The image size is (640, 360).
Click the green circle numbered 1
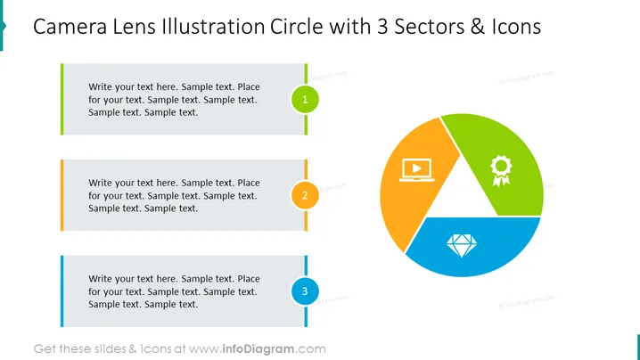click(x=305, y=99)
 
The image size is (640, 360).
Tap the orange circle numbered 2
click(x=305, y=195)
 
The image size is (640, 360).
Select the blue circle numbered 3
click(x=305, y=291)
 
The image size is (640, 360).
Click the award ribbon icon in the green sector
click(x=501, y=170)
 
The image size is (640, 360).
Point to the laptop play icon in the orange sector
click(x=417, y=170)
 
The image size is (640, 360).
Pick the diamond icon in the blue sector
click(x=462, y=246)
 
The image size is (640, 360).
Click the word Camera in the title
click(x=70, y=27)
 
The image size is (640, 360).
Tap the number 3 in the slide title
click(x=382, y=27)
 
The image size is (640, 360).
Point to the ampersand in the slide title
click(x=478, y=27)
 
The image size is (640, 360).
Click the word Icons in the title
click(x=516, y=27)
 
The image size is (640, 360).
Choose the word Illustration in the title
click(x=213, y=27)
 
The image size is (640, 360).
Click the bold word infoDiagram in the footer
click(x=258, y=349)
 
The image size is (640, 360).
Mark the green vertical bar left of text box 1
click(x=62, y=99)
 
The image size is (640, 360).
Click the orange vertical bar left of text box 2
click(x=62, y=195)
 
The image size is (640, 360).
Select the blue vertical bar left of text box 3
click(x=62, y=291)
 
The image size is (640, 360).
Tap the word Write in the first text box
click(x=100, y=86)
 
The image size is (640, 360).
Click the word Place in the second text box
click(x=249, y=183)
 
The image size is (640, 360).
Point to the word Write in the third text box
click(x=100, y=278)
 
